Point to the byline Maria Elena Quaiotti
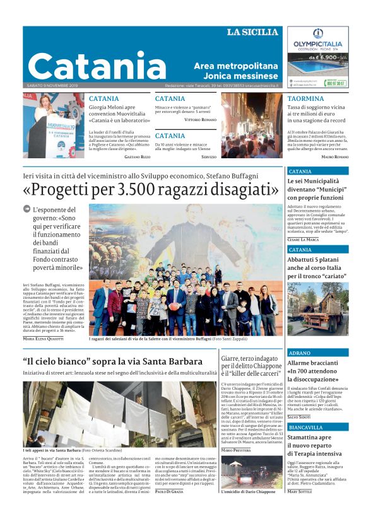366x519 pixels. [43, 339]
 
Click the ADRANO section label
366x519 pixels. [299, 353]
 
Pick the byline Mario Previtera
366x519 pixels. [237, 450]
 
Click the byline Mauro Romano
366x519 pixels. [334, 156]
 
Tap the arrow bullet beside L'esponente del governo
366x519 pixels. [27, 209]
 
